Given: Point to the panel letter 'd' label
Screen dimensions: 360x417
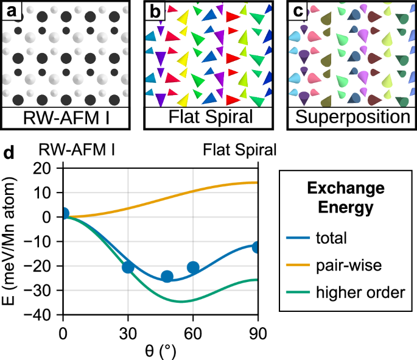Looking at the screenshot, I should pos(9,150).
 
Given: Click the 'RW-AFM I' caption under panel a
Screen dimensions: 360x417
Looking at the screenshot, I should pos(66,118).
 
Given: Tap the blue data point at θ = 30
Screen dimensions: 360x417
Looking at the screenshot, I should pos(128,267).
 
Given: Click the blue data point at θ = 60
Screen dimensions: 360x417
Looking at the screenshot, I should pos(193,267).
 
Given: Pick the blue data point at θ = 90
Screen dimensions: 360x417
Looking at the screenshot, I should pos(258,247).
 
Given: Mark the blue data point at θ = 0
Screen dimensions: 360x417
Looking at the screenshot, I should pos(63,214).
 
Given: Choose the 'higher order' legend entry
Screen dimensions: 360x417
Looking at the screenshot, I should pos(359,292).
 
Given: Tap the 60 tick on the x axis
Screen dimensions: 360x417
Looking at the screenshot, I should pos(193,332).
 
